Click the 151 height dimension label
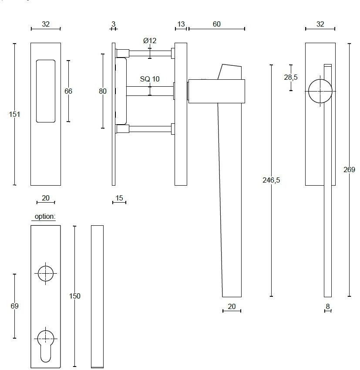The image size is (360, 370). click(14, 115)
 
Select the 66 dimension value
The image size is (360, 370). click(68, 91)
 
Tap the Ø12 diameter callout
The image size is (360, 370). click(150, 41)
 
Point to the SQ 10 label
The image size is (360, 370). click(150, 79)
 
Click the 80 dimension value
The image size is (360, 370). click(103, 91)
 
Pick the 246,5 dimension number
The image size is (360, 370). click(271, 180)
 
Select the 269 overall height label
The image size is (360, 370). click(349, 170)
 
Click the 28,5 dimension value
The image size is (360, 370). click(291, 78)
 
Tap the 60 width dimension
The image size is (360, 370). click(216, 24)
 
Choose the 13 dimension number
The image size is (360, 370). click(181, 24)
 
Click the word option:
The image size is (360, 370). click(45, 217)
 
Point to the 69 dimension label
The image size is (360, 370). click(14, 306)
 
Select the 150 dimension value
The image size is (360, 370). click(74, 296)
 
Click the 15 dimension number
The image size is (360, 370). click(119, 198)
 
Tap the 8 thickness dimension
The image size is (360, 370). click(328, 306)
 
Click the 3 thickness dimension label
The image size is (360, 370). click(114, 24)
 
